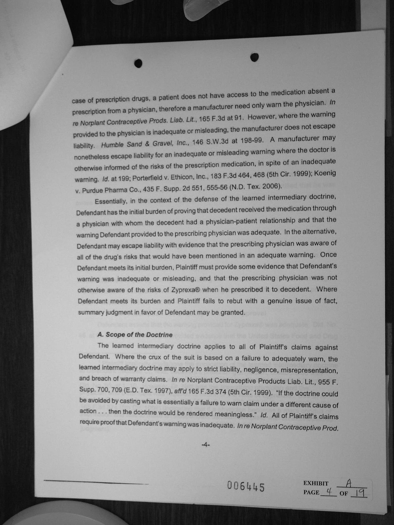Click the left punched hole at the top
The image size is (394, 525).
click(x=138, y=63)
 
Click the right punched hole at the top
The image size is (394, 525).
click(x=255, y=57)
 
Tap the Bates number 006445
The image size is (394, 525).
click(x=246, y=486)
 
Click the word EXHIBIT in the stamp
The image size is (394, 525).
click(x=316, y=483)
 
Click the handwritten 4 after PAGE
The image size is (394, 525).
click(x=329, y=491)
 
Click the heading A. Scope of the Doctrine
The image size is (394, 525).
click(x=135, y=335)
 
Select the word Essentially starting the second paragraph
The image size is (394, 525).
click(x=109, y=201)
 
